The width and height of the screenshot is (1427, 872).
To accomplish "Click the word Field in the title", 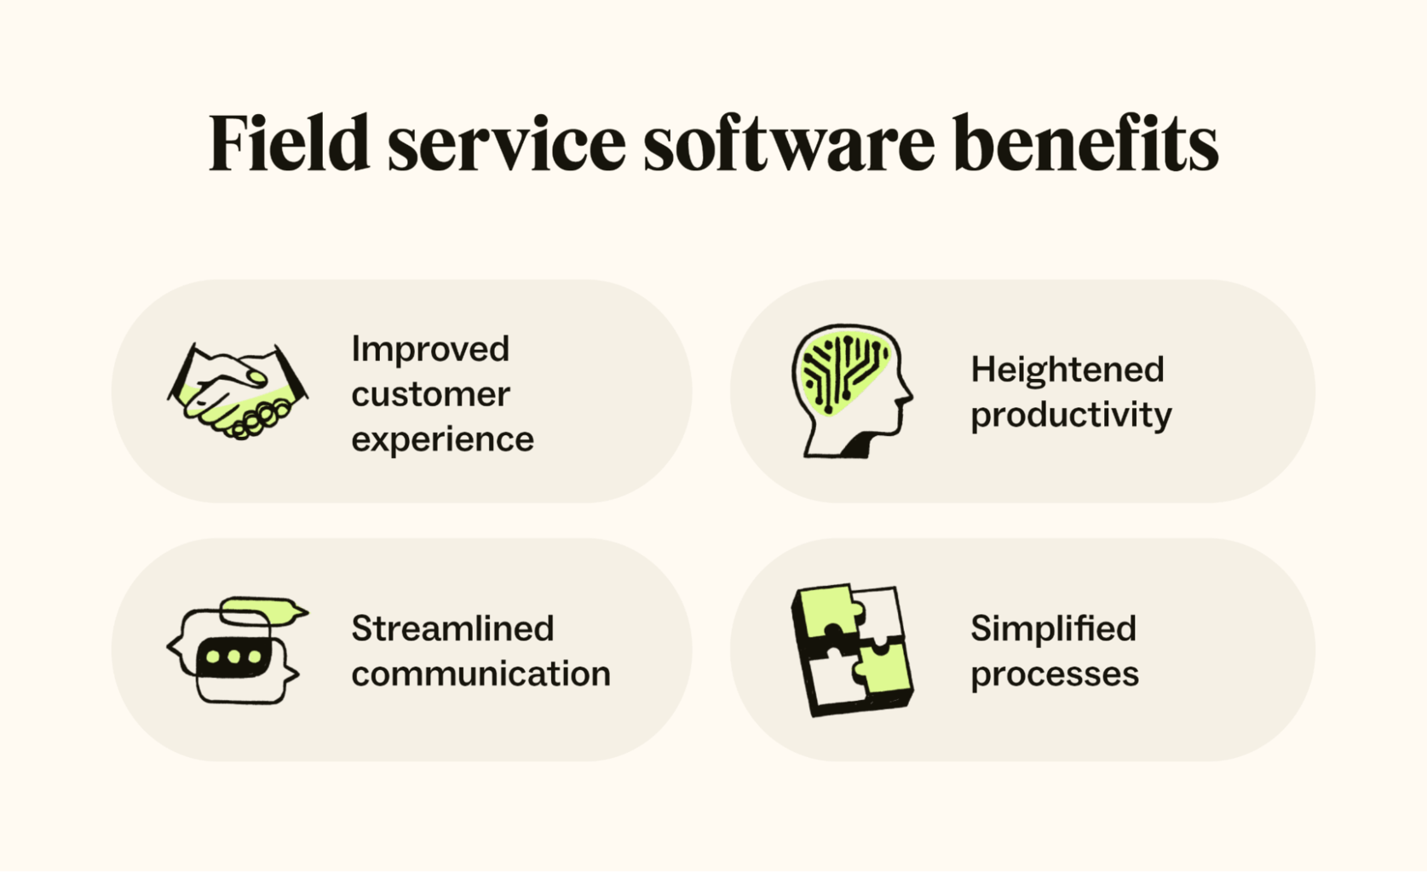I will [289, 143].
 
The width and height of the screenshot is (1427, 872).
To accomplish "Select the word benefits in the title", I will [1085, 143].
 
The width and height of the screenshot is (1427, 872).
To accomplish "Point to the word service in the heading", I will [507, 145].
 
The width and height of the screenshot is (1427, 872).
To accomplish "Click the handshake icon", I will [238, 391].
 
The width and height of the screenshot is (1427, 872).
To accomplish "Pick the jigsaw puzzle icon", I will [851, 650].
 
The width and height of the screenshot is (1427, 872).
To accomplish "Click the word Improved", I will [430, 349].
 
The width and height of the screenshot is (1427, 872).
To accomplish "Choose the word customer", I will [430, 394].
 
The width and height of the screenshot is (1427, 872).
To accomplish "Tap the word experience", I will [442, 439].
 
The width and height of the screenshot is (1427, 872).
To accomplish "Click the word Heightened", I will [1067, 370].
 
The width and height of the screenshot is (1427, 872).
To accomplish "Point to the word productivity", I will [1071, 416].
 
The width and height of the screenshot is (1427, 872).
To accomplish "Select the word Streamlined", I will [452, 628].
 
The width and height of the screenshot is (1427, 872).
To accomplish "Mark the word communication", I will [480, 674].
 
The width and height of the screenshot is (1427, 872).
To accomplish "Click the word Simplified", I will [1053, 628].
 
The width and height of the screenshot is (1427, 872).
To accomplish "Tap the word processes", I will [1054, 674].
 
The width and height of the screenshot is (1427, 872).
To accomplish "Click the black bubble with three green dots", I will [233, 657].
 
